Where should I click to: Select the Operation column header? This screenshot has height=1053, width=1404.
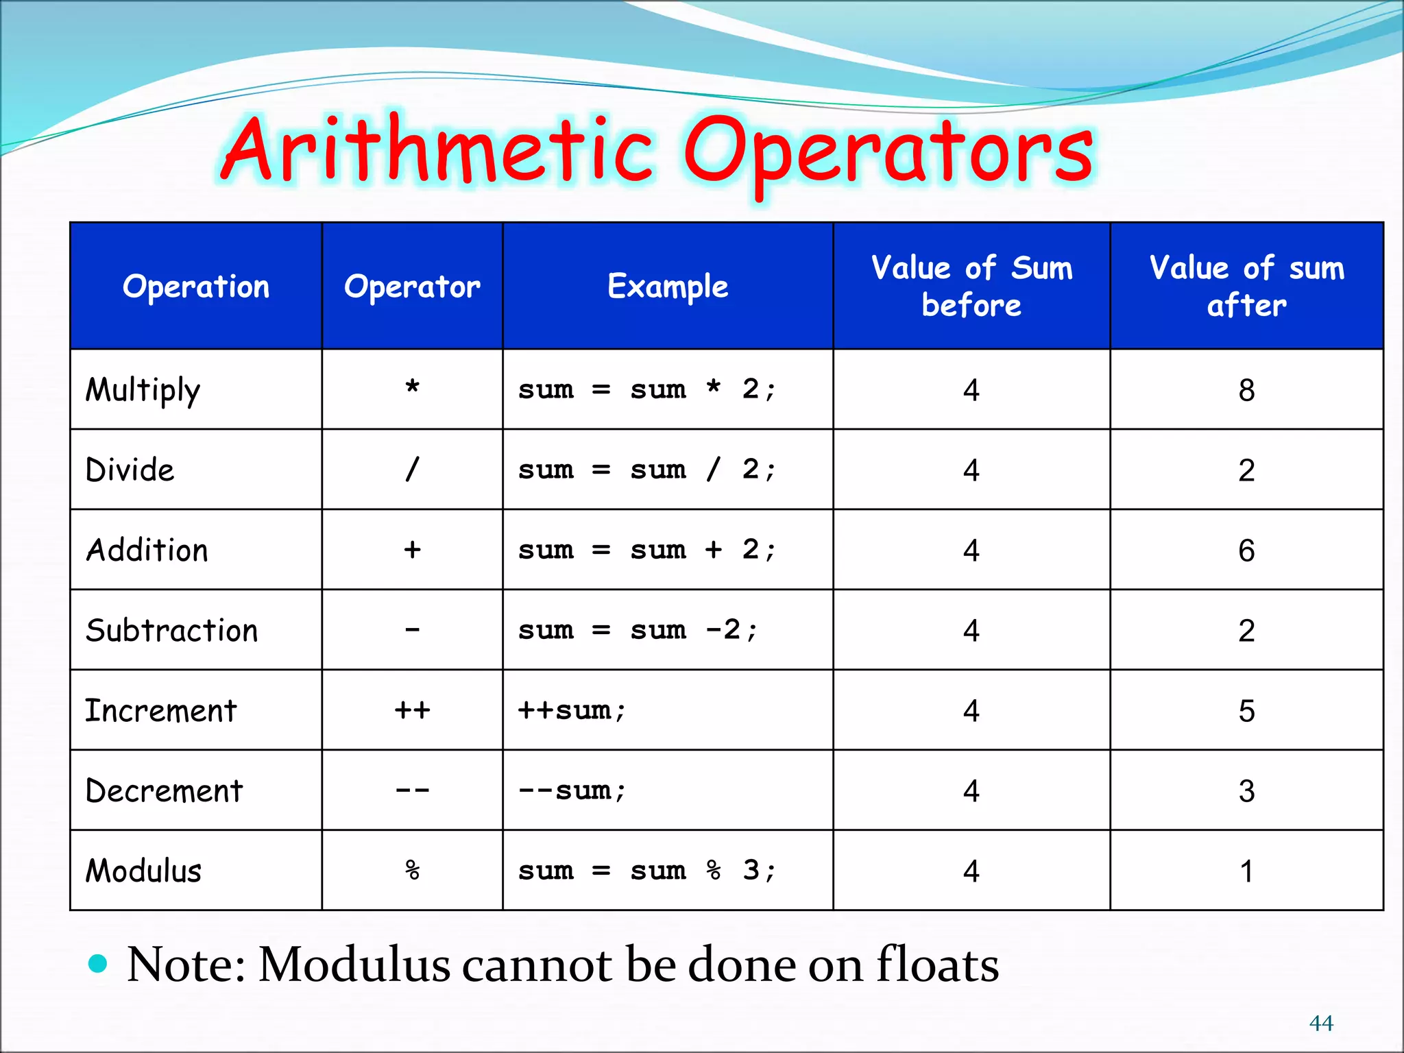196,287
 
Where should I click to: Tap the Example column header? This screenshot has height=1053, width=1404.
668,287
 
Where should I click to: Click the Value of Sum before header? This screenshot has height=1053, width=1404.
971,287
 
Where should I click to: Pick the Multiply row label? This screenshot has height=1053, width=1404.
143,391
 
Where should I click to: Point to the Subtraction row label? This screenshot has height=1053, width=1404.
171,631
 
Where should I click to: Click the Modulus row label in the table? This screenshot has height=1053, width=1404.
143,871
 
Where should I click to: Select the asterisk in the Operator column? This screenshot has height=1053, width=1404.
412,388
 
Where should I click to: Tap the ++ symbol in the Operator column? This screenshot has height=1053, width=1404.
412,710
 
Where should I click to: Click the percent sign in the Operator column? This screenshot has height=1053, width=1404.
412,871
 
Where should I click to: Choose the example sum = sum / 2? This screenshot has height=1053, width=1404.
647,470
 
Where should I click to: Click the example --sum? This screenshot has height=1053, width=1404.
572,791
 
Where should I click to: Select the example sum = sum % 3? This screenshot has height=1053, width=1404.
647,871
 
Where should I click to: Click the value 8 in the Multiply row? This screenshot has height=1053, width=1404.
1246,391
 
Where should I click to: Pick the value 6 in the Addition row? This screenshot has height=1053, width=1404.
1246,550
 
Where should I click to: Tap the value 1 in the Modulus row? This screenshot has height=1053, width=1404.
1246,871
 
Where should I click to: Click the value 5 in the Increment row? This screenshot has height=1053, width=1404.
1246,711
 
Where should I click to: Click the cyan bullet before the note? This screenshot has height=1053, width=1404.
99,963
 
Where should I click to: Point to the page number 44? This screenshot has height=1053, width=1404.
1321,1023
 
